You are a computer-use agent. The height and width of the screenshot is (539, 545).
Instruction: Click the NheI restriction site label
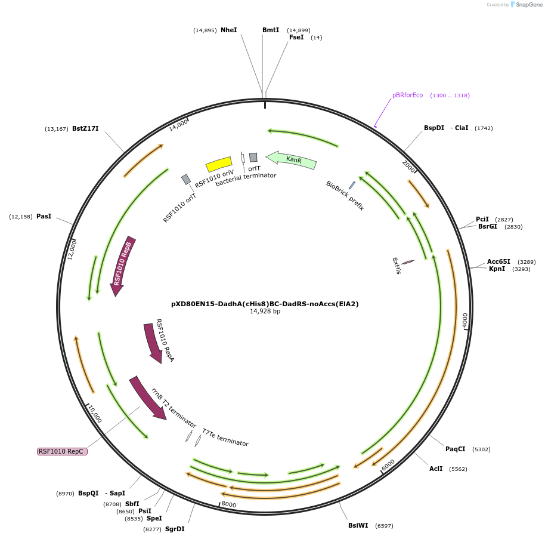pyautogui.click(x=228, y=30)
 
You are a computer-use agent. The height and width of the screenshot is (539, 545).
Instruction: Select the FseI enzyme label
pyautogui.click(x=296, y=37)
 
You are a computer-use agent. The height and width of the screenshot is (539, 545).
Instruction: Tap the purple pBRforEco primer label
pyautogui.click(x=407, y=96)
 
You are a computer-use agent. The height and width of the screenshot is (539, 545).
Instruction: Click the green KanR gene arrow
pyautogui.click(x=292, y=159)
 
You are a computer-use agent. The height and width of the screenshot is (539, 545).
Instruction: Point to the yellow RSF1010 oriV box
pyautogui.click(x=219, y=164)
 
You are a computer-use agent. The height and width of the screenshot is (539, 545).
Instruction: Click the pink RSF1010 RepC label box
pyautogui.click(x=62, y=451)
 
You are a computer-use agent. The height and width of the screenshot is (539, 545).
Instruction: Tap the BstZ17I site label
pyautogui.click(x=85, y=128)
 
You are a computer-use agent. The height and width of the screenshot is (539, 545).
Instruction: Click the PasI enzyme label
pyautogui.click(x=44, y=216)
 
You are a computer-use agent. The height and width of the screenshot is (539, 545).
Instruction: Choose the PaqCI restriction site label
pyautogui.click(x=455, y=449)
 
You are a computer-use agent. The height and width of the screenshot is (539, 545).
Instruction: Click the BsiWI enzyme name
pyautogui.click(x=358, y=525)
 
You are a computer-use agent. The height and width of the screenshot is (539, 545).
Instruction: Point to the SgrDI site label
pyautogui.click(x=175, y=529)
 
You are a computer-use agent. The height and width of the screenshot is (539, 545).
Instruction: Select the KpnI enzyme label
pyautogui.click(x=497, y=269)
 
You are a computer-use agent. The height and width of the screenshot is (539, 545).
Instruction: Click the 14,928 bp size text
pyautogui.click(x=265, y=312)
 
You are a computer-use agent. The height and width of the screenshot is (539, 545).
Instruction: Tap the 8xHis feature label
pyautogui.click(x=396, y=266)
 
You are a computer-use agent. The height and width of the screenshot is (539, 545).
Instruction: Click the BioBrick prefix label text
pyautogui.click(x=345, y=196)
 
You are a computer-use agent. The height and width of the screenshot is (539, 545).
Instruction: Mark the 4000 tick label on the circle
pyautogui.click(x=465, y=320)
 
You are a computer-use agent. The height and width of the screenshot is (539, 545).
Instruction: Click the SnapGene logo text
pyautogui.click(x=529, y=5)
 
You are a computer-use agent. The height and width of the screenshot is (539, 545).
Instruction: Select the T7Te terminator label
pyautogui.click(x=225, y=438)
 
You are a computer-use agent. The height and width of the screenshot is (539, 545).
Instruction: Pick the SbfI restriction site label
pyautogui.click(x=132, y=504)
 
